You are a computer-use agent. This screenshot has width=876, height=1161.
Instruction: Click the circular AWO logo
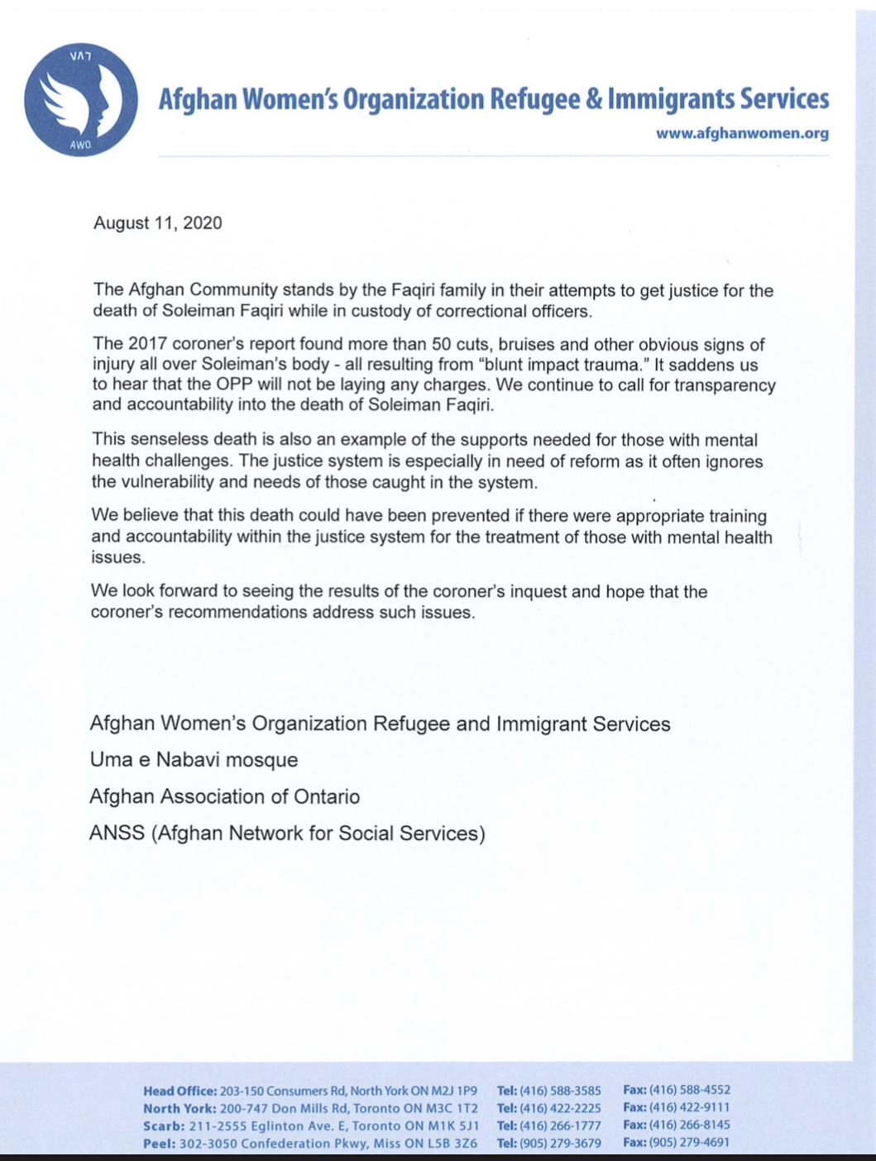81,100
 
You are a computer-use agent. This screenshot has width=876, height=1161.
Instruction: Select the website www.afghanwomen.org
742,133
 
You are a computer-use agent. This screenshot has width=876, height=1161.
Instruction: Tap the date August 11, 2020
157,223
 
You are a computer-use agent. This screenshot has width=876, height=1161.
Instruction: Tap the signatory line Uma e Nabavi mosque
194,760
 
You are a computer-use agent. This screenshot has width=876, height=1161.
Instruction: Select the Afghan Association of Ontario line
224,797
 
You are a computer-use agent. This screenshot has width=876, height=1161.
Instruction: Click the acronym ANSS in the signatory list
117,834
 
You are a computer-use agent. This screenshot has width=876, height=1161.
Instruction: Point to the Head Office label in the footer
180,1091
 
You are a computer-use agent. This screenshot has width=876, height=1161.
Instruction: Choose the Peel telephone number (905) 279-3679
559,1144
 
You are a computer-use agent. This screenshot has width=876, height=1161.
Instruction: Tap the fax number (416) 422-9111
689,1108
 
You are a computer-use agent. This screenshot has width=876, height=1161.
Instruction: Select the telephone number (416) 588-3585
559,1091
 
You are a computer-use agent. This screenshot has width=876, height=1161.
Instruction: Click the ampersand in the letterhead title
594,100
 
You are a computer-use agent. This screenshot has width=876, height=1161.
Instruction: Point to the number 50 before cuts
444,344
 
